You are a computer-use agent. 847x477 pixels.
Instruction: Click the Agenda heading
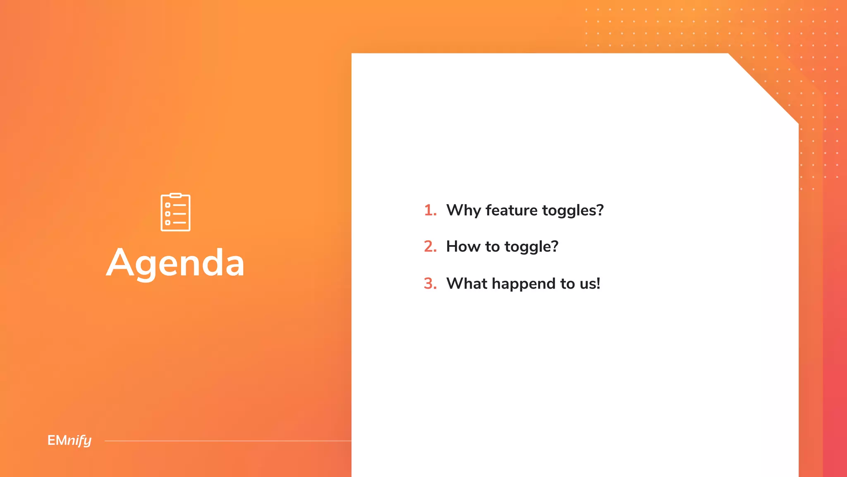click(x=175, y=263)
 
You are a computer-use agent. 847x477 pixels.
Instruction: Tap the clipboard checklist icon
click(x=175, y=212)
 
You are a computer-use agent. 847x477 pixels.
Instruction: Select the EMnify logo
click(x=69, y=440)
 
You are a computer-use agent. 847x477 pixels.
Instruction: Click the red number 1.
click(x=430, y=210)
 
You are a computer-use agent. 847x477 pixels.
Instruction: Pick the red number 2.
click(x=430, y=247)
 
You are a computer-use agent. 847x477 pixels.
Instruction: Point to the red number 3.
click(x=430, y=284)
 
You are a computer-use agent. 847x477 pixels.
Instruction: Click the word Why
click(x=463, y=210)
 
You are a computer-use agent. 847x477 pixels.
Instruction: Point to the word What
click(x=467, y=284)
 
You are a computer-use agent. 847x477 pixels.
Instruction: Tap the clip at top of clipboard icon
click(x=175, y=195)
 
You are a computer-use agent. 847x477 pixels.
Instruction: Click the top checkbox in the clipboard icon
click(x=167, y=205)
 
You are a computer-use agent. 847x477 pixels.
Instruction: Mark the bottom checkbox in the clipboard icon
click(x=167, y=222)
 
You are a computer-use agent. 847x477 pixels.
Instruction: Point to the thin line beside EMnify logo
click(x=227, y=441)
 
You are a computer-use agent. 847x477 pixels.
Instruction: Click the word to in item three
click(x=567, y=284)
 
